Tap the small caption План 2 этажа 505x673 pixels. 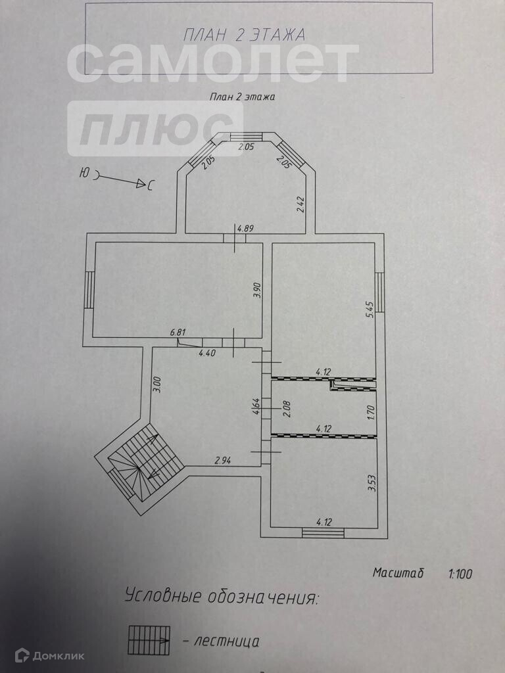click(x=241, y=96)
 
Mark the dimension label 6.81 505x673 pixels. click(x=176, y=333)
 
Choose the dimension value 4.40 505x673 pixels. click(x=208, y=353)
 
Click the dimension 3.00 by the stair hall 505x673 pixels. click(x=156, y=384)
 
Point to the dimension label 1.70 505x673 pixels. click(x=370, y=413)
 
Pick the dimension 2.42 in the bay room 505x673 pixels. click(x=300, y=206)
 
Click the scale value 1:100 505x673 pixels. click(x=460, y=574)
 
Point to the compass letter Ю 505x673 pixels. click(x=84, y=174)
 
